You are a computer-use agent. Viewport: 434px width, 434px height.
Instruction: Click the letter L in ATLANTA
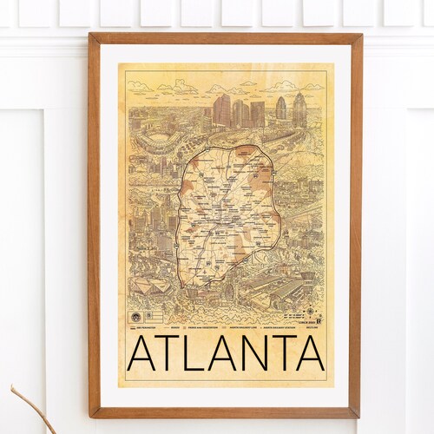(x=193, y=355)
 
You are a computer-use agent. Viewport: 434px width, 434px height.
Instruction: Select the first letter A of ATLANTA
(x=144, y=355)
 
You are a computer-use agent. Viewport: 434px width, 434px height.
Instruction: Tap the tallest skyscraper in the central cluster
(x=221, y=111)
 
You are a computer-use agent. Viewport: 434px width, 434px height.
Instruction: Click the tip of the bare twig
(x=12, y=387)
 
